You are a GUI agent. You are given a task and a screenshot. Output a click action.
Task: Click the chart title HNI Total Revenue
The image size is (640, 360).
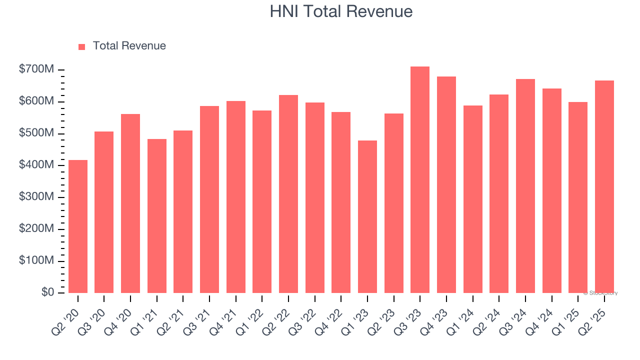341,11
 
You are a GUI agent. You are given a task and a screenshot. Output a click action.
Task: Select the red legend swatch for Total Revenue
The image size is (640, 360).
82,46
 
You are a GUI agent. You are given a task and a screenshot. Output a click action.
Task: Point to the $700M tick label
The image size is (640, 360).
36,70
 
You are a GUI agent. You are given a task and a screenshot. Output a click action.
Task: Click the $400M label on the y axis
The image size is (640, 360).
36,165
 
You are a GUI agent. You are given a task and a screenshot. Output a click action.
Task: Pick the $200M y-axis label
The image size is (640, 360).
36,229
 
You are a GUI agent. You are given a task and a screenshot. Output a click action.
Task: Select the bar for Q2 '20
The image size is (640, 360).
78,226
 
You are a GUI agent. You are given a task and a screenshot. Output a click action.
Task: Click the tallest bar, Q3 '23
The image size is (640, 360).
420,180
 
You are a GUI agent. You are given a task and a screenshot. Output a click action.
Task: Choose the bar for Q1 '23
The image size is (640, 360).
367,216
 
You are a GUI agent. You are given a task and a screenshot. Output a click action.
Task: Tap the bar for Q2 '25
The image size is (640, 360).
604,187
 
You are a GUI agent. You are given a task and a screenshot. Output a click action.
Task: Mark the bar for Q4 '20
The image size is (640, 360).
130,203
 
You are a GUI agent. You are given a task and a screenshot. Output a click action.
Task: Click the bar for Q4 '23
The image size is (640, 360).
446,185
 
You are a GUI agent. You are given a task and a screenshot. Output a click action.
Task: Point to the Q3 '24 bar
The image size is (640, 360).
525,186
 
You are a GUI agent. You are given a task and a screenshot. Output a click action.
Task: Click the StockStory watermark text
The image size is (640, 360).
600,293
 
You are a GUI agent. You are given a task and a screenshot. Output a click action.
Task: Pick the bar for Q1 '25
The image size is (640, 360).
578,197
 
